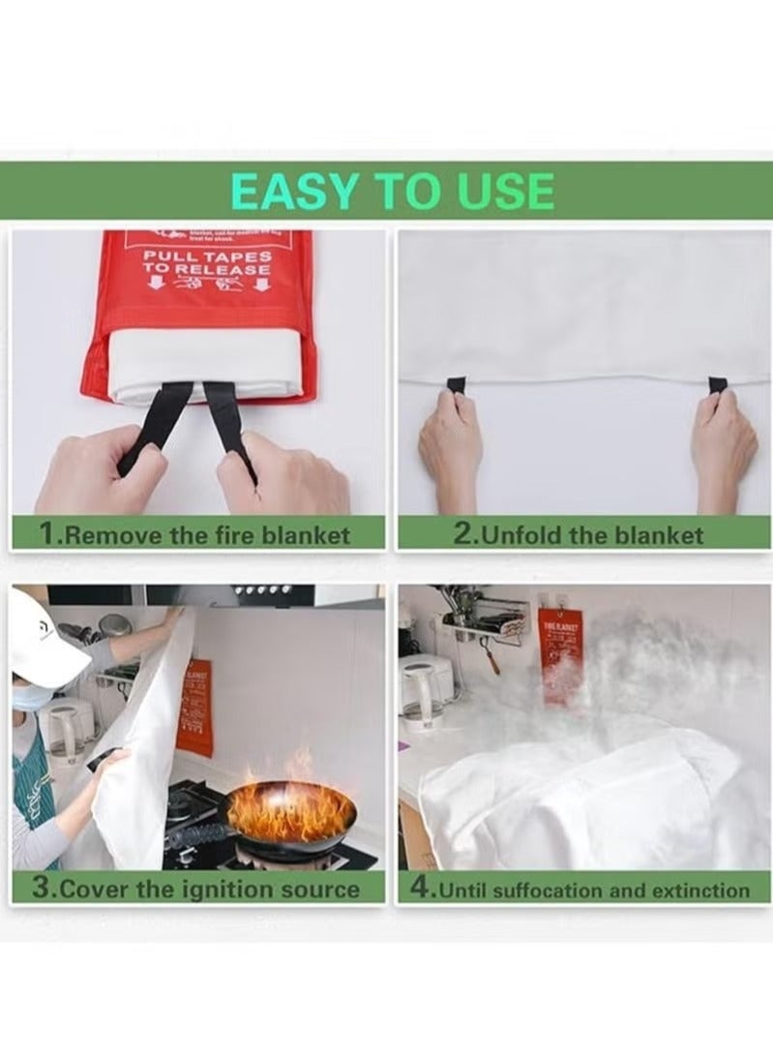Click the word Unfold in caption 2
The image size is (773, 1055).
point(522,534)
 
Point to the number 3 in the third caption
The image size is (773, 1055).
point(41,889)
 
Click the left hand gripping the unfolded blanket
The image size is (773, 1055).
point(450,440)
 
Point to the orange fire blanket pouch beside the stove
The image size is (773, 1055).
point(194,707)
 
